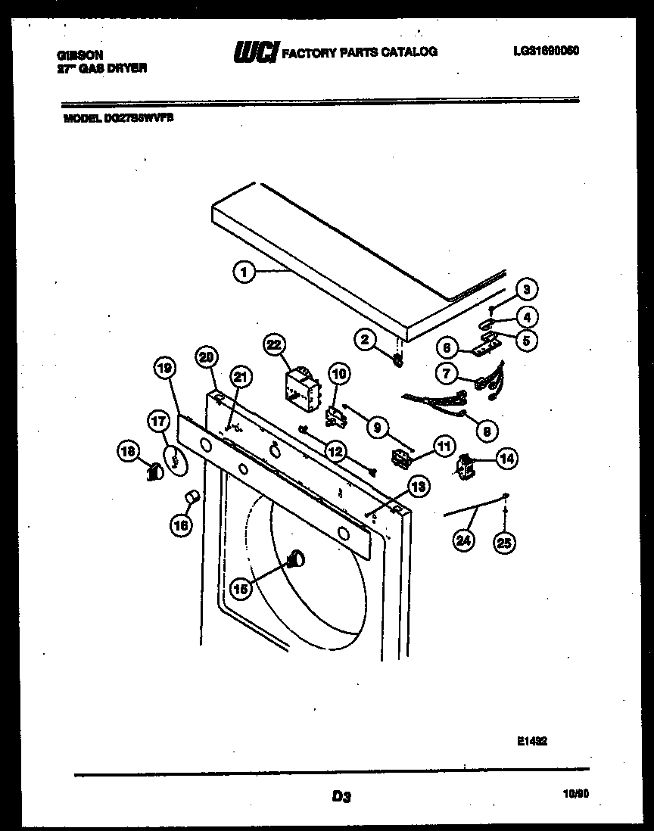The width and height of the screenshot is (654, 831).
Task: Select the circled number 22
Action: (x=272, y=345)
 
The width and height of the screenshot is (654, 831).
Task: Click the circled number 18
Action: (x=128, y=452)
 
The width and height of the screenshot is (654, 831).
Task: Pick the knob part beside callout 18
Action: (x=154, y=472)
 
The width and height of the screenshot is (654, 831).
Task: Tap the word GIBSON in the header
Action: (x=80, y=55)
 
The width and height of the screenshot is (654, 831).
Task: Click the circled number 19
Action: (x=164, y=369)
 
